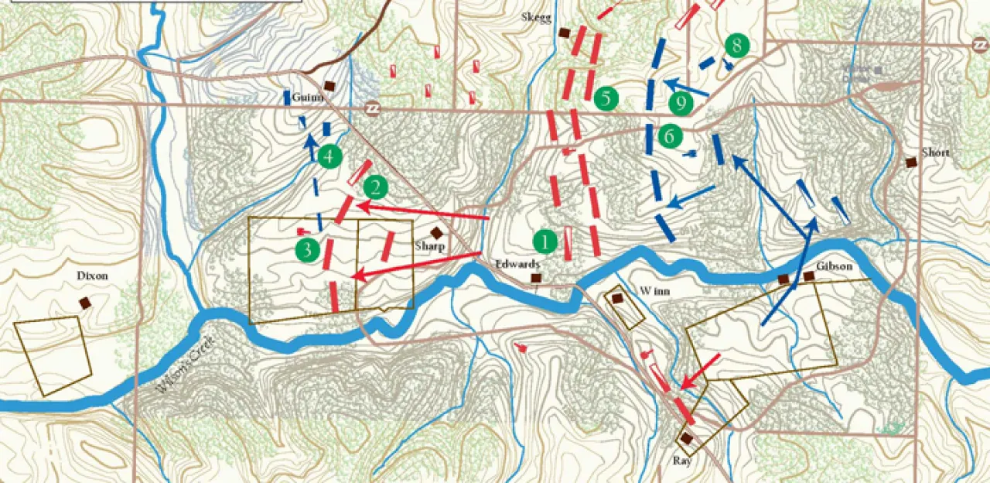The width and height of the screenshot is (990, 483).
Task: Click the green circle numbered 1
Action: [x=546, y=241]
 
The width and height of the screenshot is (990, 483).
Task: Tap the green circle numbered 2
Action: [x=376, y=187]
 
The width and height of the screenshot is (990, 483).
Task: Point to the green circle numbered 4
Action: [x=329, y=156]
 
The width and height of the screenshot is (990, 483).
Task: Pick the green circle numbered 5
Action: [x=606, y=98]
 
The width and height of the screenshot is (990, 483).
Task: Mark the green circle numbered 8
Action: [x=736, y=46]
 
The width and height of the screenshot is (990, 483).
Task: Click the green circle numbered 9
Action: [x=681, y=103]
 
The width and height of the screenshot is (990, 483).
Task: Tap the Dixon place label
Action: [x=92, y=276]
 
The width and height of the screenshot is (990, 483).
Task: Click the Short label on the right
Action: [x=935, y=152]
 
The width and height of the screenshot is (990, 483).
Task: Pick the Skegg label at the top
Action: [x=537, y=17]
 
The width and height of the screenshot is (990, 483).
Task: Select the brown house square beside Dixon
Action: [x=85, y=303]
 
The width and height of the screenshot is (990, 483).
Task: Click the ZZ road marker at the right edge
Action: [x=980, y=46]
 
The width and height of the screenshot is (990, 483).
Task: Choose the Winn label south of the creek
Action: [x=654, y=291]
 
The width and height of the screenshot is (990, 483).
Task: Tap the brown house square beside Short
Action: [x=911, y=162]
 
